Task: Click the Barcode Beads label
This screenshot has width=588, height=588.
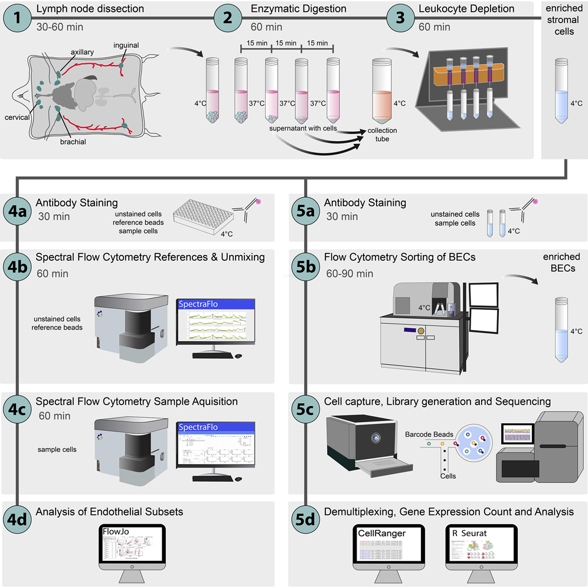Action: (429, 434)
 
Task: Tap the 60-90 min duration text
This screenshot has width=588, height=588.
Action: (349, 273)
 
